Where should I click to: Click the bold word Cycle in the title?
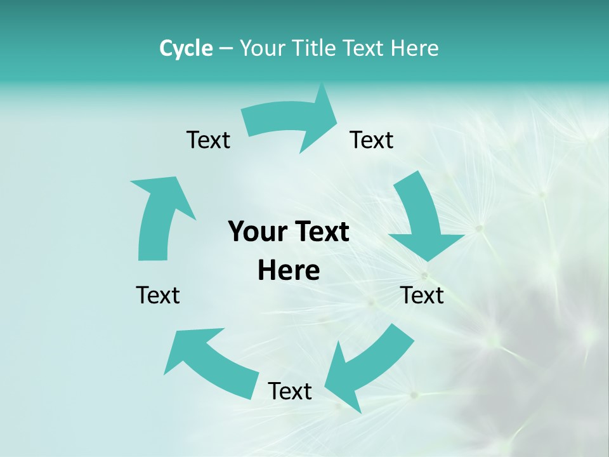pos(186,48)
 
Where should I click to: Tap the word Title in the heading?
pos(315,48)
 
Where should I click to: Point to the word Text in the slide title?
pos(363,48)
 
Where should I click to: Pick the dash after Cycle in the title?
pos(226,49)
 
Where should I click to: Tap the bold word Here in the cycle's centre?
pos(289,270)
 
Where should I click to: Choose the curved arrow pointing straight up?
pos(159,216)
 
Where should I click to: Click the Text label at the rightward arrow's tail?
pos(208,140)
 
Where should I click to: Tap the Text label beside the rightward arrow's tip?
pos(372,140)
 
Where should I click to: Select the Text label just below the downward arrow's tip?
pos(422,295)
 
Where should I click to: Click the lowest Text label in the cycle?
pos(290,391)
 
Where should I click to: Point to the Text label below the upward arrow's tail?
pos(158,295)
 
